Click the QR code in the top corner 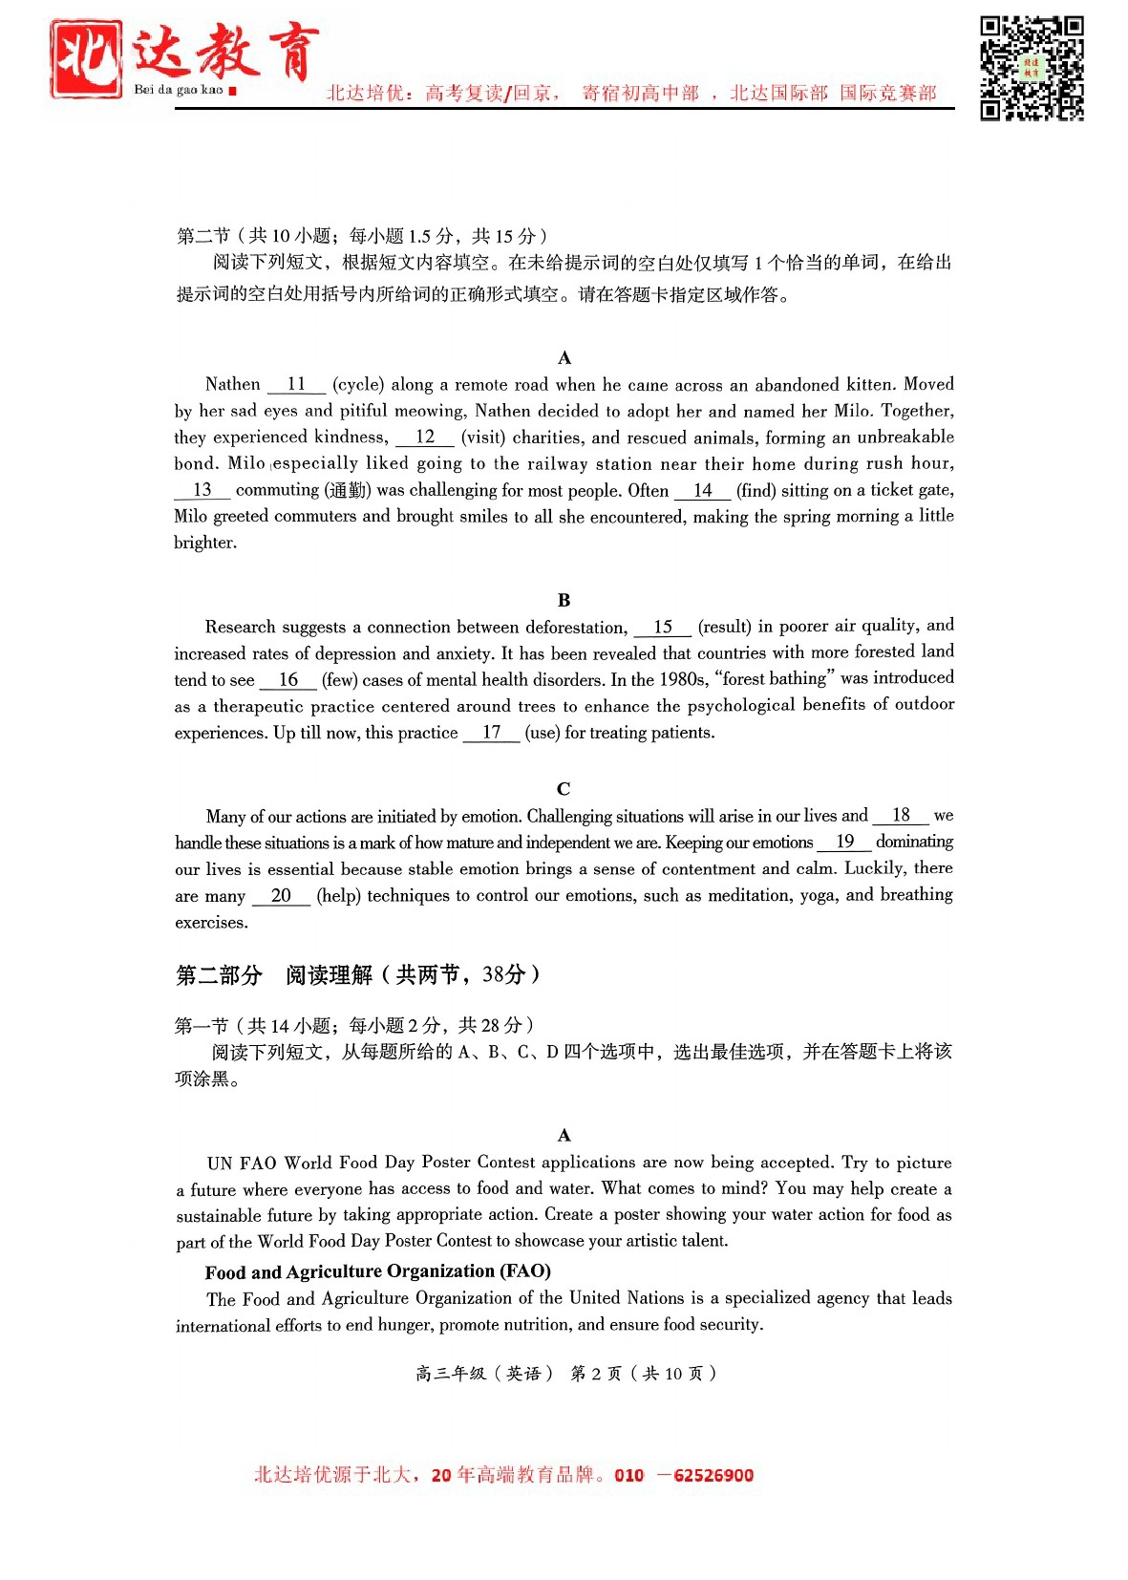(x=1032, y=68)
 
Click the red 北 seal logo (x=86, y=59)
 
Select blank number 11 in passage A (x=296, y=384)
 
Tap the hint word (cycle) (x=358, y=384)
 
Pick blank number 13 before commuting (x=202, y=490)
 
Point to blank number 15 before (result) (x=663, y=627)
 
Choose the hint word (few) (x=339, y=680)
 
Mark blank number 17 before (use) (x=492, y=733)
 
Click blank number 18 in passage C (x=901, y=815)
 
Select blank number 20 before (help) (x=281, y=896)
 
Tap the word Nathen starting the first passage (x=233, y=384)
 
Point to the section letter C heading (x=564, y=789)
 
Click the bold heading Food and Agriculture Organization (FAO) (x=377, y=1271)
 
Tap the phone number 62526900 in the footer (x=713, y=1475)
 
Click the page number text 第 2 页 (x=596, y=1374)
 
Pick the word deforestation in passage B (x=572, y=628)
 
